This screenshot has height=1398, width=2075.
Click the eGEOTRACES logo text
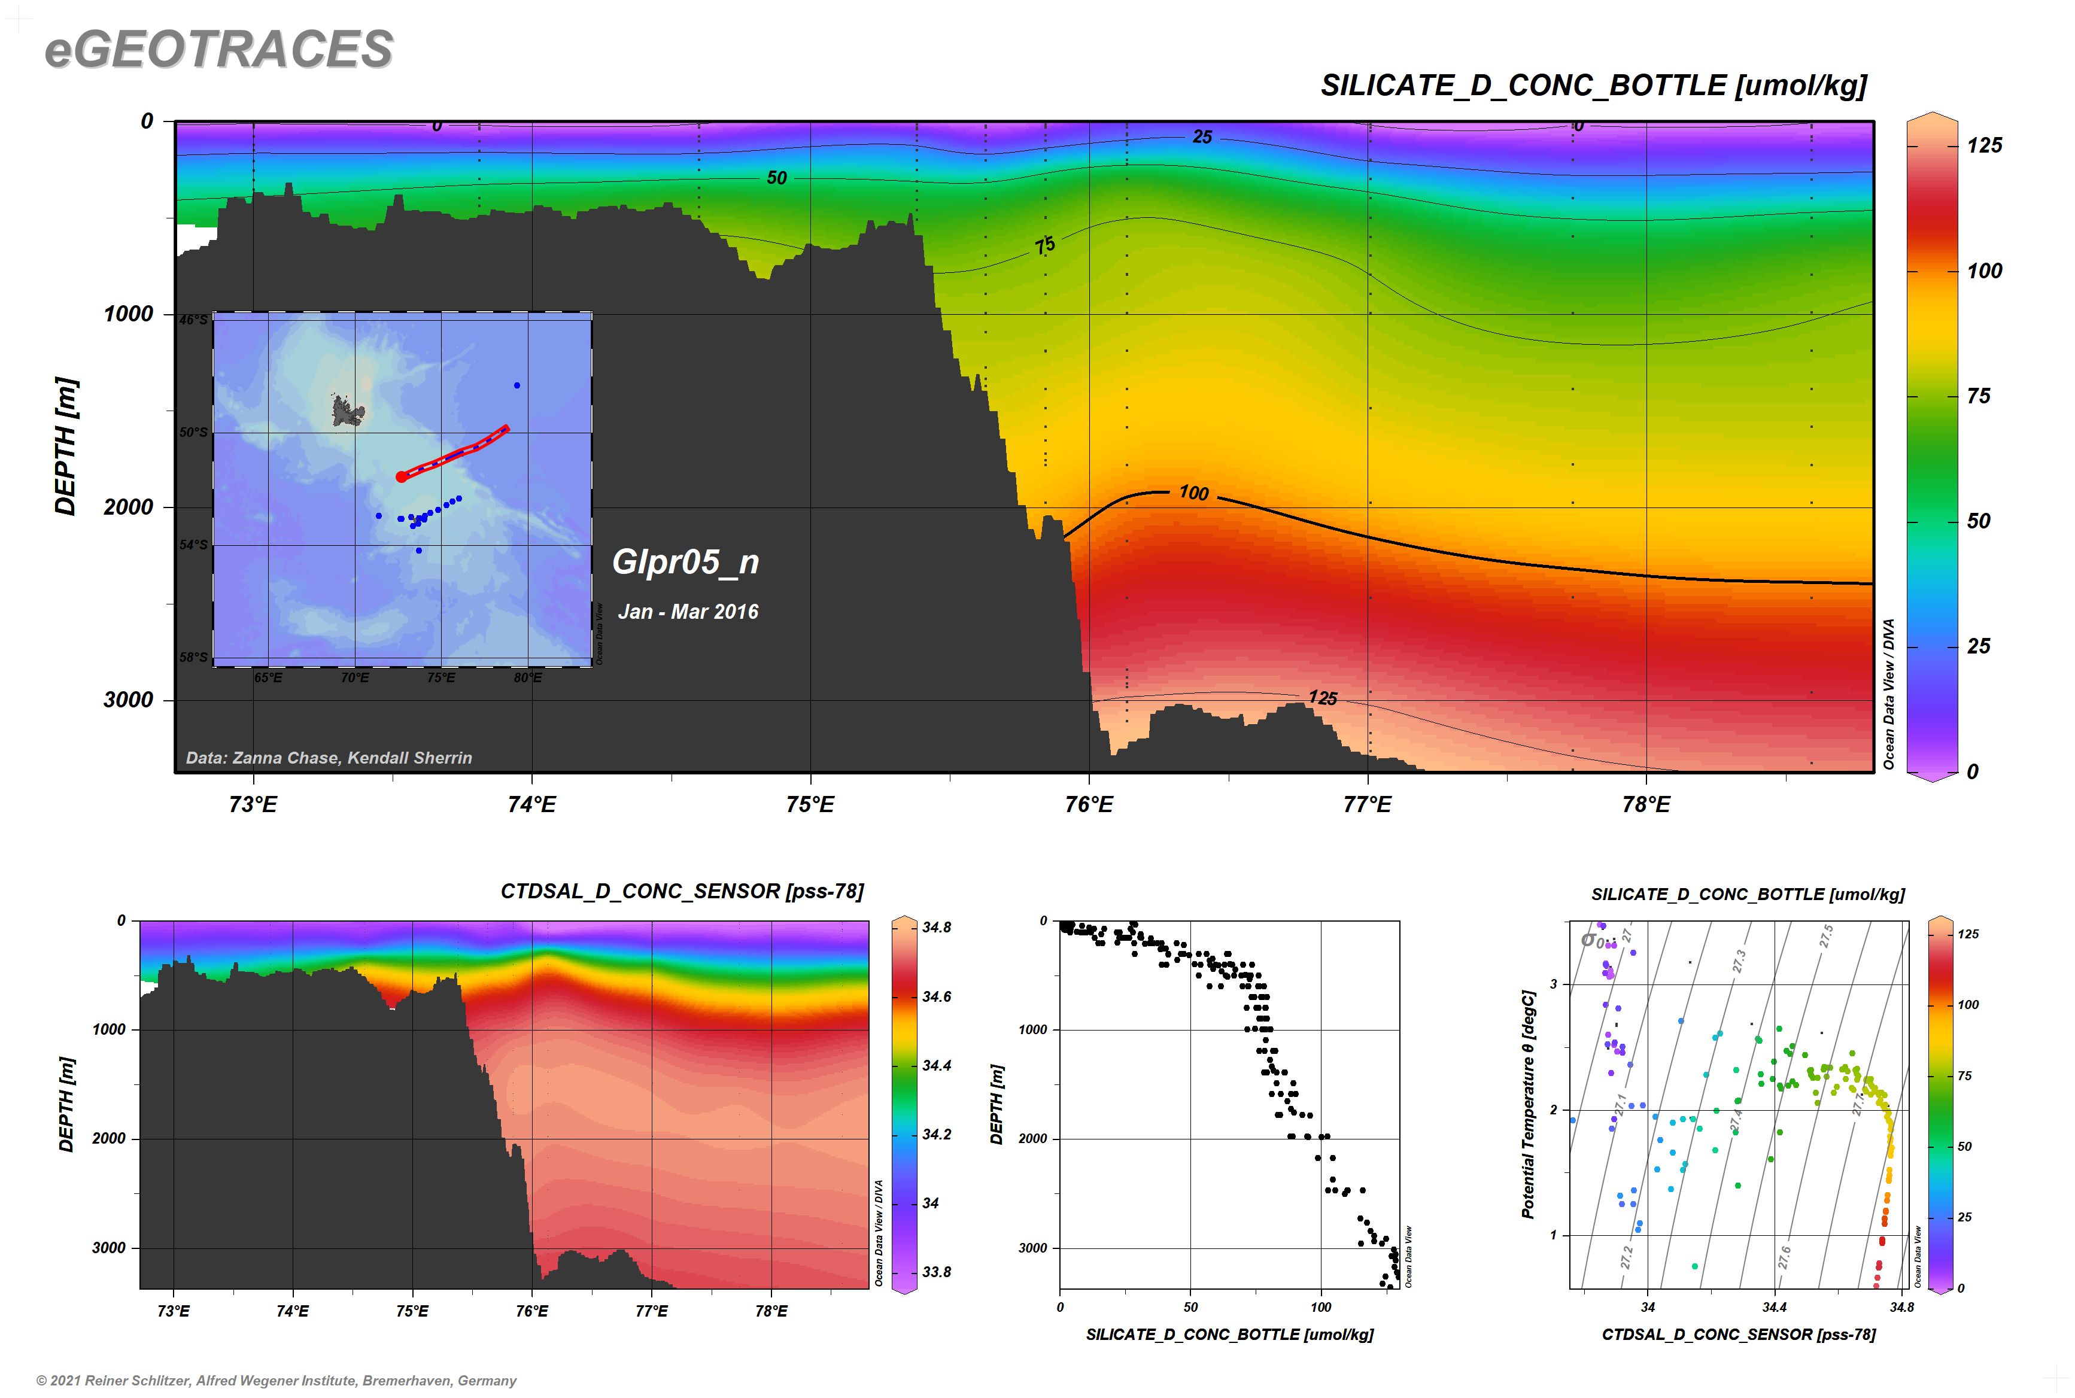tap(218, 49)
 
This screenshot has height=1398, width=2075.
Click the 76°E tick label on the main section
tap(1089, 805)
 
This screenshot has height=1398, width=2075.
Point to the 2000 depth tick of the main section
tap(129, 507)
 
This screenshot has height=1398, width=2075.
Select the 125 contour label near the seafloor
tap(1323, 698)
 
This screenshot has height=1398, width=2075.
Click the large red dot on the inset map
tap(401, 477)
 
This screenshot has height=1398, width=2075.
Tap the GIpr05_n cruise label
tap(685, 562)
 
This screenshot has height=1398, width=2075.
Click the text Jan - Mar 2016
tap(688, 612)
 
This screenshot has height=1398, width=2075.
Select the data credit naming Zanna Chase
tap(328, 758)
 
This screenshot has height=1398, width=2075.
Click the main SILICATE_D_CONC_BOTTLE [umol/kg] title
tap(1593, 86)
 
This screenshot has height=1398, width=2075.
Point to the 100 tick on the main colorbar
tap(1984, 271)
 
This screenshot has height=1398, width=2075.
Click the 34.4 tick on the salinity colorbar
tap(936, 1065)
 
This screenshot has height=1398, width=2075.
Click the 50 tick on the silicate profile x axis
tap(1190, 1307)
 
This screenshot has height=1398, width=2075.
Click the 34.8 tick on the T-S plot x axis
tap(1901, 1307)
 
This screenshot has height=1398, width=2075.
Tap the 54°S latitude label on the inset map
tap(193, 545)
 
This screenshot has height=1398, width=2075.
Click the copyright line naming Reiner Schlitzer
tap(277, 1380)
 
